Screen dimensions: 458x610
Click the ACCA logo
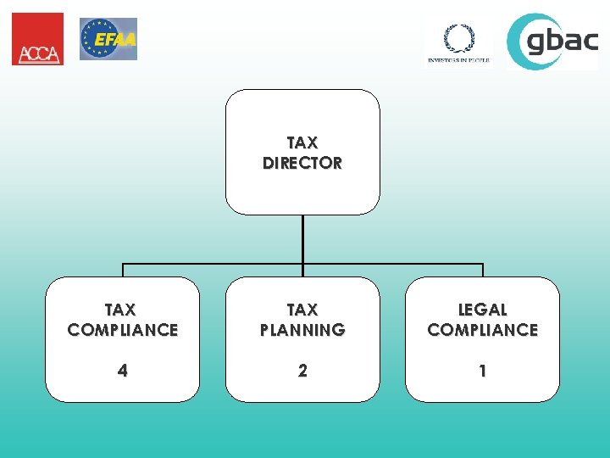[37, 39]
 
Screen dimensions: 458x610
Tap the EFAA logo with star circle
[108, 39]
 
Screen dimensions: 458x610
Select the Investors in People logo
[458, 42]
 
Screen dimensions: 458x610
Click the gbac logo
[552, 41]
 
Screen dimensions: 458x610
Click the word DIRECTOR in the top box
[302, 163]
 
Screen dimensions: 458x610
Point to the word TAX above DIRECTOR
[302, 143]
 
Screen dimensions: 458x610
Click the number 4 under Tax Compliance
[123, 371]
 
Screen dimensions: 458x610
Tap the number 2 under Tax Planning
[302, 371]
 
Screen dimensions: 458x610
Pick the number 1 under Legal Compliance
[483, 371]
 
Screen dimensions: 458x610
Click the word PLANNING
[302, 330]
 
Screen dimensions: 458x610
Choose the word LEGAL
[483, 310]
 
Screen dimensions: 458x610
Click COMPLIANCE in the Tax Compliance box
[123, 330]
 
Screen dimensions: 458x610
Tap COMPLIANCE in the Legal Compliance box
[483, 330]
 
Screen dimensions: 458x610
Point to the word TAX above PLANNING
[302, 310]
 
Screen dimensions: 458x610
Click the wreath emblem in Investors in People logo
[458, 37]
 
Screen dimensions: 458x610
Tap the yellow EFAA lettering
[115, 39]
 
